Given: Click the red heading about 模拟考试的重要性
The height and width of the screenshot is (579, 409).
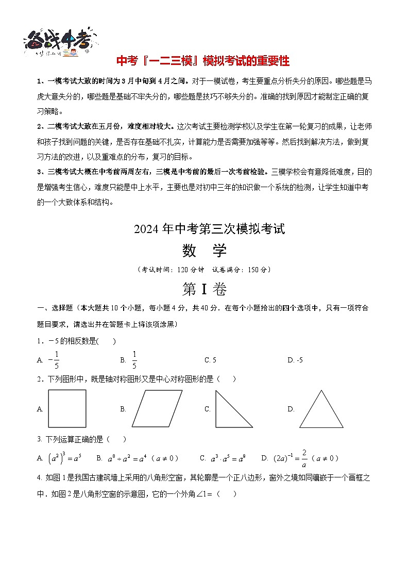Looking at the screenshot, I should click(203, 61).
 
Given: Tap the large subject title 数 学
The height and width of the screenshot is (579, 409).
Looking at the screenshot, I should click(204, 251).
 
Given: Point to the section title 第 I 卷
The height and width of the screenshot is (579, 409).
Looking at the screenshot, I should click(204, 289).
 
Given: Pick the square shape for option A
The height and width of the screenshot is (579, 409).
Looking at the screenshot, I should click(67, 408).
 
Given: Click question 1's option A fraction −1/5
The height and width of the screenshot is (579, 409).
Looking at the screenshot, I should click(54, 360).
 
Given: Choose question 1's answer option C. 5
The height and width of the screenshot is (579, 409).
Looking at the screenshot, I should click(210, 360).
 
